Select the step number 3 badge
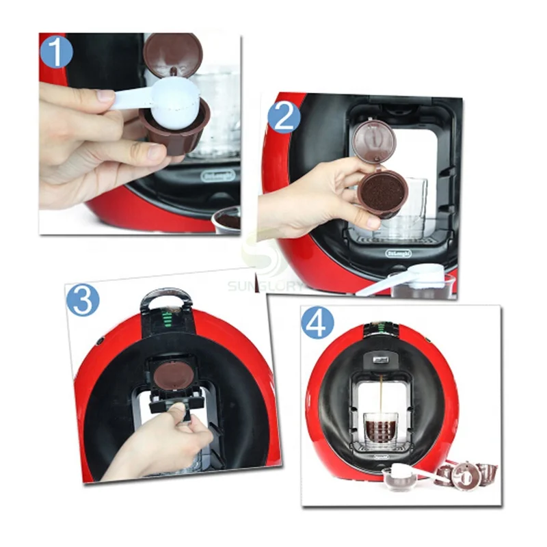[83, 300]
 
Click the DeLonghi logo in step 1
[218, 176]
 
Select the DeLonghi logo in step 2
[399, 253]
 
